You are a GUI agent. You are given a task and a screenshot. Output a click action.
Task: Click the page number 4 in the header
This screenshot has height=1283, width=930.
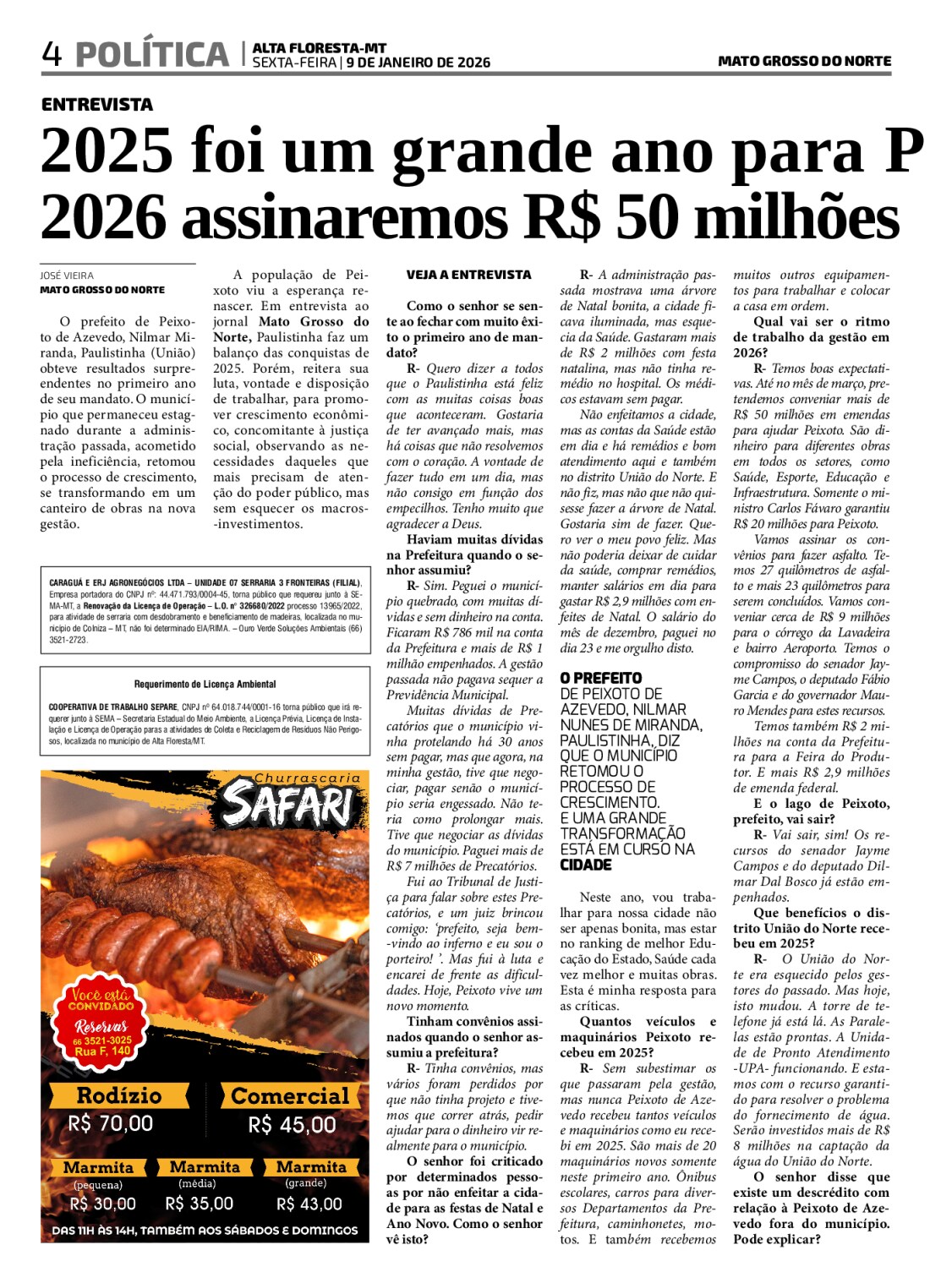52,54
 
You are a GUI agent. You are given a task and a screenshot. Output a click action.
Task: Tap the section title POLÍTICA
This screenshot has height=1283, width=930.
152,54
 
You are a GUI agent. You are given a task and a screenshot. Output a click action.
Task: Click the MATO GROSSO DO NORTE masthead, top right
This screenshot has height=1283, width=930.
804,61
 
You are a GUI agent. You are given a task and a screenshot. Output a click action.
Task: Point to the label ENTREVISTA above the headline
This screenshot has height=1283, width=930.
97,105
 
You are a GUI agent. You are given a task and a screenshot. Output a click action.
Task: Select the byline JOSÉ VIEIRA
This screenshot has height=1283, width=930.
67,276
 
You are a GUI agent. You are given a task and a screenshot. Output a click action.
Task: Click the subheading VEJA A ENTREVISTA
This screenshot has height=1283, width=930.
468,275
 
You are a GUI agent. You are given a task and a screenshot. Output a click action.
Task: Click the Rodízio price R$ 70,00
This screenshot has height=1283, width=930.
111,1123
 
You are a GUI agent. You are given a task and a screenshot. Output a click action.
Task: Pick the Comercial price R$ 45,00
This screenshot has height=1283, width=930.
292,1125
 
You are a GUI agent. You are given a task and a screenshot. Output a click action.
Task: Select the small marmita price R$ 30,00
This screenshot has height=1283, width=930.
102,1204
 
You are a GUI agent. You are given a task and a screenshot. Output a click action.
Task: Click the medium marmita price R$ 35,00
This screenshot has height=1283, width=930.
200,1204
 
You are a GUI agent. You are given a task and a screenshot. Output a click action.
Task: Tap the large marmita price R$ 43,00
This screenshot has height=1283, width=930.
309,1204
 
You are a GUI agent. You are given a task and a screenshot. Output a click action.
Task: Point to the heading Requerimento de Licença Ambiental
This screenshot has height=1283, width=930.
205,684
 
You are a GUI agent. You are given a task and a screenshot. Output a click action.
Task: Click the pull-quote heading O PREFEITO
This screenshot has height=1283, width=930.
601,678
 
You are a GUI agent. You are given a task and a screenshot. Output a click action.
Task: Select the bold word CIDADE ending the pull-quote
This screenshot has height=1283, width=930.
586,865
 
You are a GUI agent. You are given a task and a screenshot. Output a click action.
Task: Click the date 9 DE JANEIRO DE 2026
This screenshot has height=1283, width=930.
418,63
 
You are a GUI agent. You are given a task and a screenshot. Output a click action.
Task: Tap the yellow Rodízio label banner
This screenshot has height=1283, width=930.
118,1095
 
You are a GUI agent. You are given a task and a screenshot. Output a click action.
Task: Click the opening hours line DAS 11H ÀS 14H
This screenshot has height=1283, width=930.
205,1231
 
